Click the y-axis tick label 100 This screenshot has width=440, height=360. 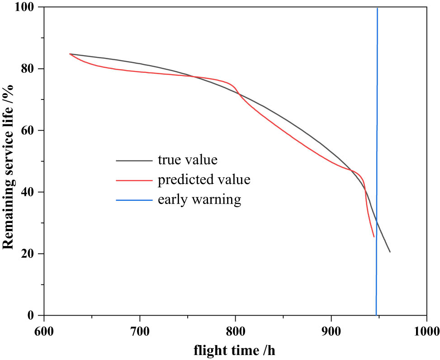27,8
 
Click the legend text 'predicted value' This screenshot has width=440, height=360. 203,180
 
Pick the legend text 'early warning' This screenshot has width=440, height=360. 199,199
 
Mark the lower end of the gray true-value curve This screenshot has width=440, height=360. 390,252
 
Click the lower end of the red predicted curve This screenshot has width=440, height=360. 374,237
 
